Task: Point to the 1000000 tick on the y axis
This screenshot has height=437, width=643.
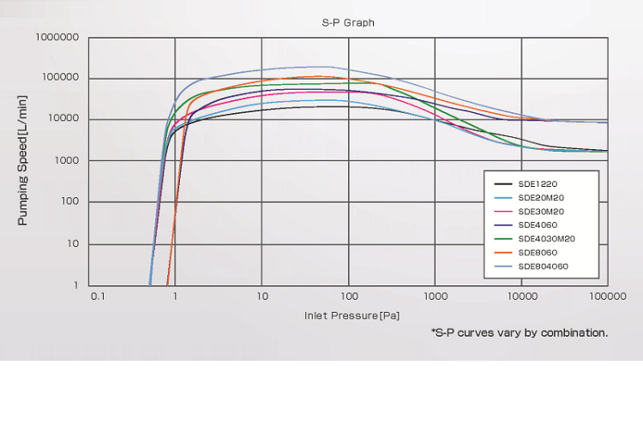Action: click(57, 38)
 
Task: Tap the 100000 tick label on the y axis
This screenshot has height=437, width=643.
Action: click(61, 79)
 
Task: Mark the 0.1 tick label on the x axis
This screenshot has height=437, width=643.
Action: click(97, 296)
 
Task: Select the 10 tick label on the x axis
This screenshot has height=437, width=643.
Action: click(261, 296)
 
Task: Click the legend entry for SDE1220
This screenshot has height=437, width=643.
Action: click(538, 183)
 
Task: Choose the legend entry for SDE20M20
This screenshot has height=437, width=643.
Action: click(542, 197)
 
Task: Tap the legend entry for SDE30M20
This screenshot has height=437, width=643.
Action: click(542, 211)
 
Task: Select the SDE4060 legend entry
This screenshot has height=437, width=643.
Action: click(538, 224)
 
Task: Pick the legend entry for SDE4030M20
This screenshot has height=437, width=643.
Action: click(546, 238)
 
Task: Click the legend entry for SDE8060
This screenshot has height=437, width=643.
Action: click(538, 253)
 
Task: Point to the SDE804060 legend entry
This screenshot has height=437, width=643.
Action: click(544, 266)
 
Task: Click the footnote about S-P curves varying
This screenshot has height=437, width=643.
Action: click(519, 332)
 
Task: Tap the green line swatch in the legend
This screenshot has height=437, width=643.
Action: click(503, 238)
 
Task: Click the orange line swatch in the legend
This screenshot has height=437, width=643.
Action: click(503, 253)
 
